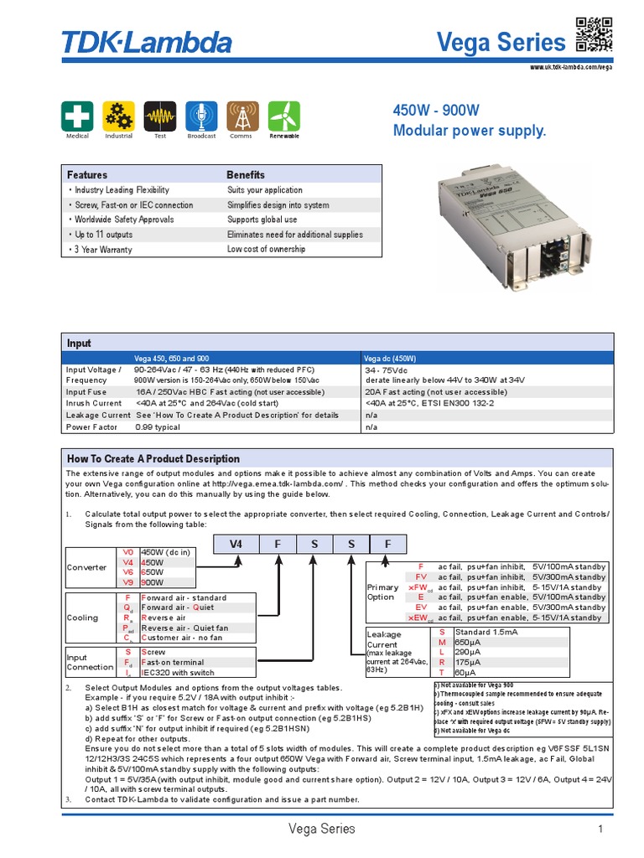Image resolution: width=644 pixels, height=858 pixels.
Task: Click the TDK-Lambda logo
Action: (147, 41)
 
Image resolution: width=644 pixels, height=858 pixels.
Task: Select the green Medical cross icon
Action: (76, 116)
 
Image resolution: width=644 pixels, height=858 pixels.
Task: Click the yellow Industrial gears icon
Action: (118, 116)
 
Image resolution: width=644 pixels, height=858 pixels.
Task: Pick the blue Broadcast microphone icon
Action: (201, 116)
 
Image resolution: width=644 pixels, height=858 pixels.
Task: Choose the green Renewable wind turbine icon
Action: (283, 116)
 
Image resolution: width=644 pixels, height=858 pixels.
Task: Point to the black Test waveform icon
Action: (159, 116)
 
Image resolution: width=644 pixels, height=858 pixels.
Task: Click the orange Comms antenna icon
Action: (241, 116)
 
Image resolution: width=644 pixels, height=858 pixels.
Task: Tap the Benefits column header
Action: (246, 175)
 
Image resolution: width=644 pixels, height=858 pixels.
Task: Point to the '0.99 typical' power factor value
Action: (158, 427)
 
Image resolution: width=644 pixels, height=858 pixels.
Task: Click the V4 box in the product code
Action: (236, 544)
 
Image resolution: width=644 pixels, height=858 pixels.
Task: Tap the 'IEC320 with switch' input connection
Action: (177, 673)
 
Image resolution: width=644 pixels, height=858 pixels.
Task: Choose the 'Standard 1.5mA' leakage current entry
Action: (486, 631)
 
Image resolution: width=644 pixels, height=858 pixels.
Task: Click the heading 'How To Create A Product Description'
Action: (153, 458)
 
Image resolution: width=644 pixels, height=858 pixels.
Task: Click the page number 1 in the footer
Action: (600, 829)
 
